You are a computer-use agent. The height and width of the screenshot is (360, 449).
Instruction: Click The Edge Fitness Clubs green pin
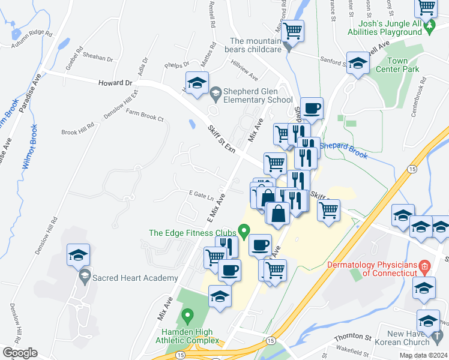pos(244,230)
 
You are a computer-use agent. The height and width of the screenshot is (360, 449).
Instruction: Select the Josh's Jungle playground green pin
pos(429,26)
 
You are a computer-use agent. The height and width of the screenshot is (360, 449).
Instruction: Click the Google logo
pos(20,353)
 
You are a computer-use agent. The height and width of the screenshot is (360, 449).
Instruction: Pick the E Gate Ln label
pos(201,194)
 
